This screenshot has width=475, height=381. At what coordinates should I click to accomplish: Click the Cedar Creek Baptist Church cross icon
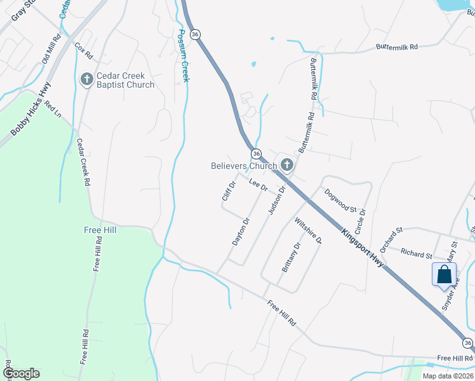[x=86, y=79]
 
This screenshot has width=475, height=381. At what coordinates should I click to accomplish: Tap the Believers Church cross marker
[x=287, y=166]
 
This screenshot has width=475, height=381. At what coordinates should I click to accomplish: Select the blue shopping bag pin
[x=445, y=275]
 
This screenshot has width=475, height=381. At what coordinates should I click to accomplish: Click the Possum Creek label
[x=185, y=56]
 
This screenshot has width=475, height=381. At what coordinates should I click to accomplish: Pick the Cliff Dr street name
[x=229, y=191]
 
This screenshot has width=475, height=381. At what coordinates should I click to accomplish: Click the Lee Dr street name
[x=258, y=186]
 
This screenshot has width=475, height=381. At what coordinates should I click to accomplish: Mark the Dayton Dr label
[x=241, y=232]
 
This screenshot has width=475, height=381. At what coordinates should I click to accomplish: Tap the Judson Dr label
[x=278, y=199]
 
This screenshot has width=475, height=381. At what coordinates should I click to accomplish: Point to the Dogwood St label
[x=341, y=200]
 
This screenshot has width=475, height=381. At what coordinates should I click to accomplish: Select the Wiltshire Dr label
[x=309, y=231]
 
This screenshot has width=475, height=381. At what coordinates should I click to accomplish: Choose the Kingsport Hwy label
[x=362, y=247]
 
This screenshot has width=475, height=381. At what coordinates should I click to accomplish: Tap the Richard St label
[x=417, y=254]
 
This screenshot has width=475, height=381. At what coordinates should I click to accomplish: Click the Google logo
[x=21, y=373]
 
